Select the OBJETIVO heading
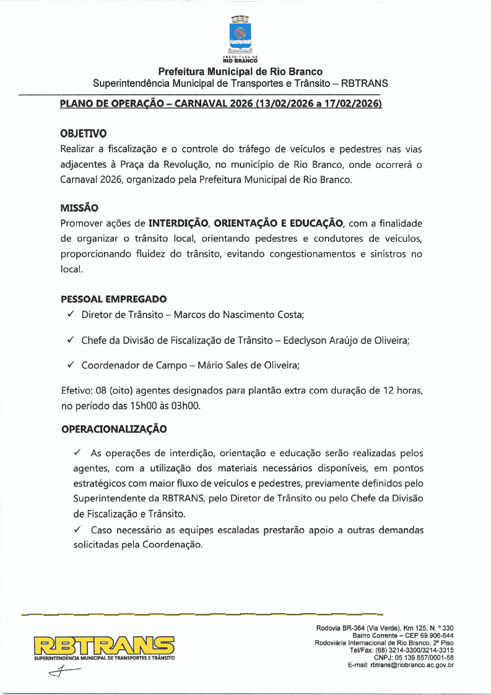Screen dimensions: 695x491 (x=83, y=133)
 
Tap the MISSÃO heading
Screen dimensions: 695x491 (x=79, y=208)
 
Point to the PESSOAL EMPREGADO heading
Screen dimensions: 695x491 (x=113, y=299)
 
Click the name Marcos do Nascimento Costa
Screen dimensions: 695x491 (x=238, y=315)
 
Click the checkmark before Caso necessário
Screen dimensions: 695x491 (x=78, y=530)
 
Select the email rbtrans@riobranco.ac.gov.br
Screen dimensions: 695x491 (x=412, y=665)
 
